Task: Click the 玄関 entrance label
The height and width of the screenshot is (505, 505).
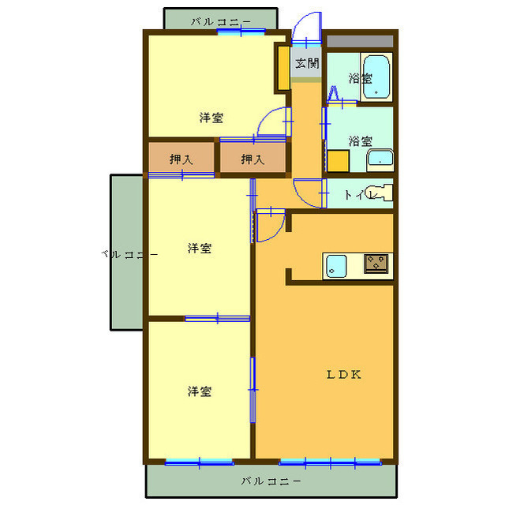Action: tap(307, 62)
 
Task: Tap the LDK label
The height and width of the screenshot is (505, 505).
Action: tap(344, 375)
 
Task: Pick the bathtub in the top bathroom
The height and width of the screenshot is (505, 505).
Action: tap(376, 77)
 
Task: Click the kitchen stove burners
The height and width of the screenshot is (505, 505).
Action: tap(376, 263)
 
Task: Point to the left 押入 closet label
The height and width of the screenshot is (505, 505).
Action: tap(181, 159)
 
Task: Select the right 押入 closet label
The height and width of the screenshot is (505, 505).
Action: tap(252, 159)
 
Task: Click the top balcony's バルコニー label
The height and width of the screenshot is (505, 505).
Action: tap(220, 21)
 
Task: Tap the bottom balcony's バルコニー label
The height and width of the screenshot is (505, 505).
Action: tap(271, 481)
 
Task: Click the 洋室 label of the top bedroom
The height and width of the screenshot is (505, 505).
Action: tap(211, 118)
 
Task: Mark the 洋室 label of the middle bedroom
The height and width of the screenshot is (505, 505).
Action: tap(199, 249)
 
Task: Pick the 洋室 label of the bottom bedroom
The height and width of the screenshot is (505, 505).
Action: tap(199, 391)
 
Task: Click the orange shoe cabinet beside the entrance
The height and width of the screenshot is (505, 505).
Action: tap(282, 69)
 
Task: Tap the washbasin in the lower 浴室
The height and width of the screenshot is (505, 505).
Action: tap(380, 160)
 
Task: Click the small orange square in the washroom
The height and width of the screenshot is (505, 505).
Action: tap(339, 161)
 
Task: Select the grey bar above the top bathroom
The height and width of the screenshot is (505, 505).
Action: tap(359, 40)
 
